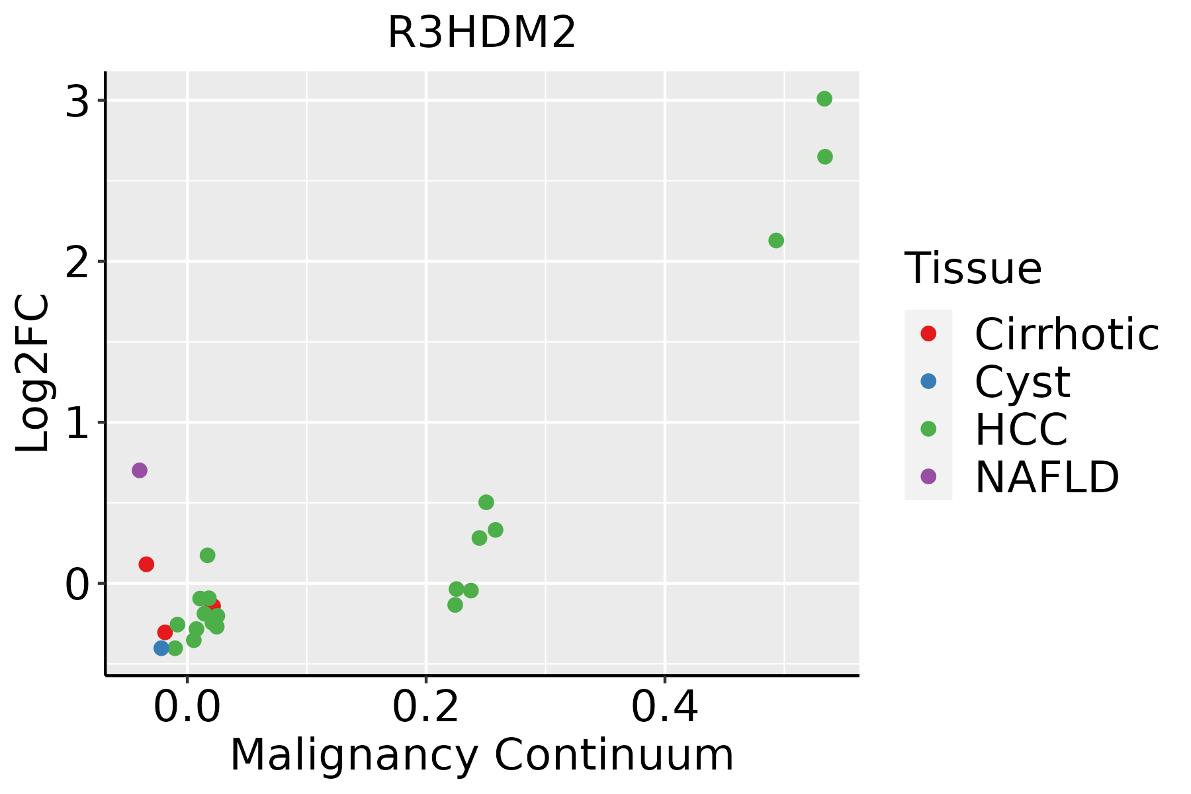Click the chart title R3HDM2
click(482, 33)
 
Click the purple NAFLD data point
click(139, 470)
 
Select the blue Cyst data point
click(161, 648)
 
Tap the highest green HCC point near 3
click(824, 99)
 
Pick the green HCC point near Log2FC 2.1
click(776, 240)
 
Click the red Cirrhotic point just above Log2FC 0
click(146, 564)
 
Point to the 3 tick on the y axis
click(77, 102)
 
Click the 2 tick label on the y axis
click(77, 263)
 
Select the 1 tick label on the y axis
click(77, 423)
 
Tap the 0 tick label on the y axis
click(77, 585)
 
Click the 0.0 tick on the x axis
click(187, 708)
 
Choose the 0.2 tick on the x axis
click(426, 708)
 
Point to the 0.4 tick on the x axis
click(664, 708)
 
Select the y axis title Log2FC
click(33, 373)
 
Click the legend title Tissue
click(973, 269)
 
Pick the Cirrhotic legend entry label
click(1067, 334)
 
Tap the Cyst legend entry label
click(1022, 382)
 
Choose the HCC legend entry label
click(1021, 429)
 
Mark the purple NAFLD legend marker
click(928, 476)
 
